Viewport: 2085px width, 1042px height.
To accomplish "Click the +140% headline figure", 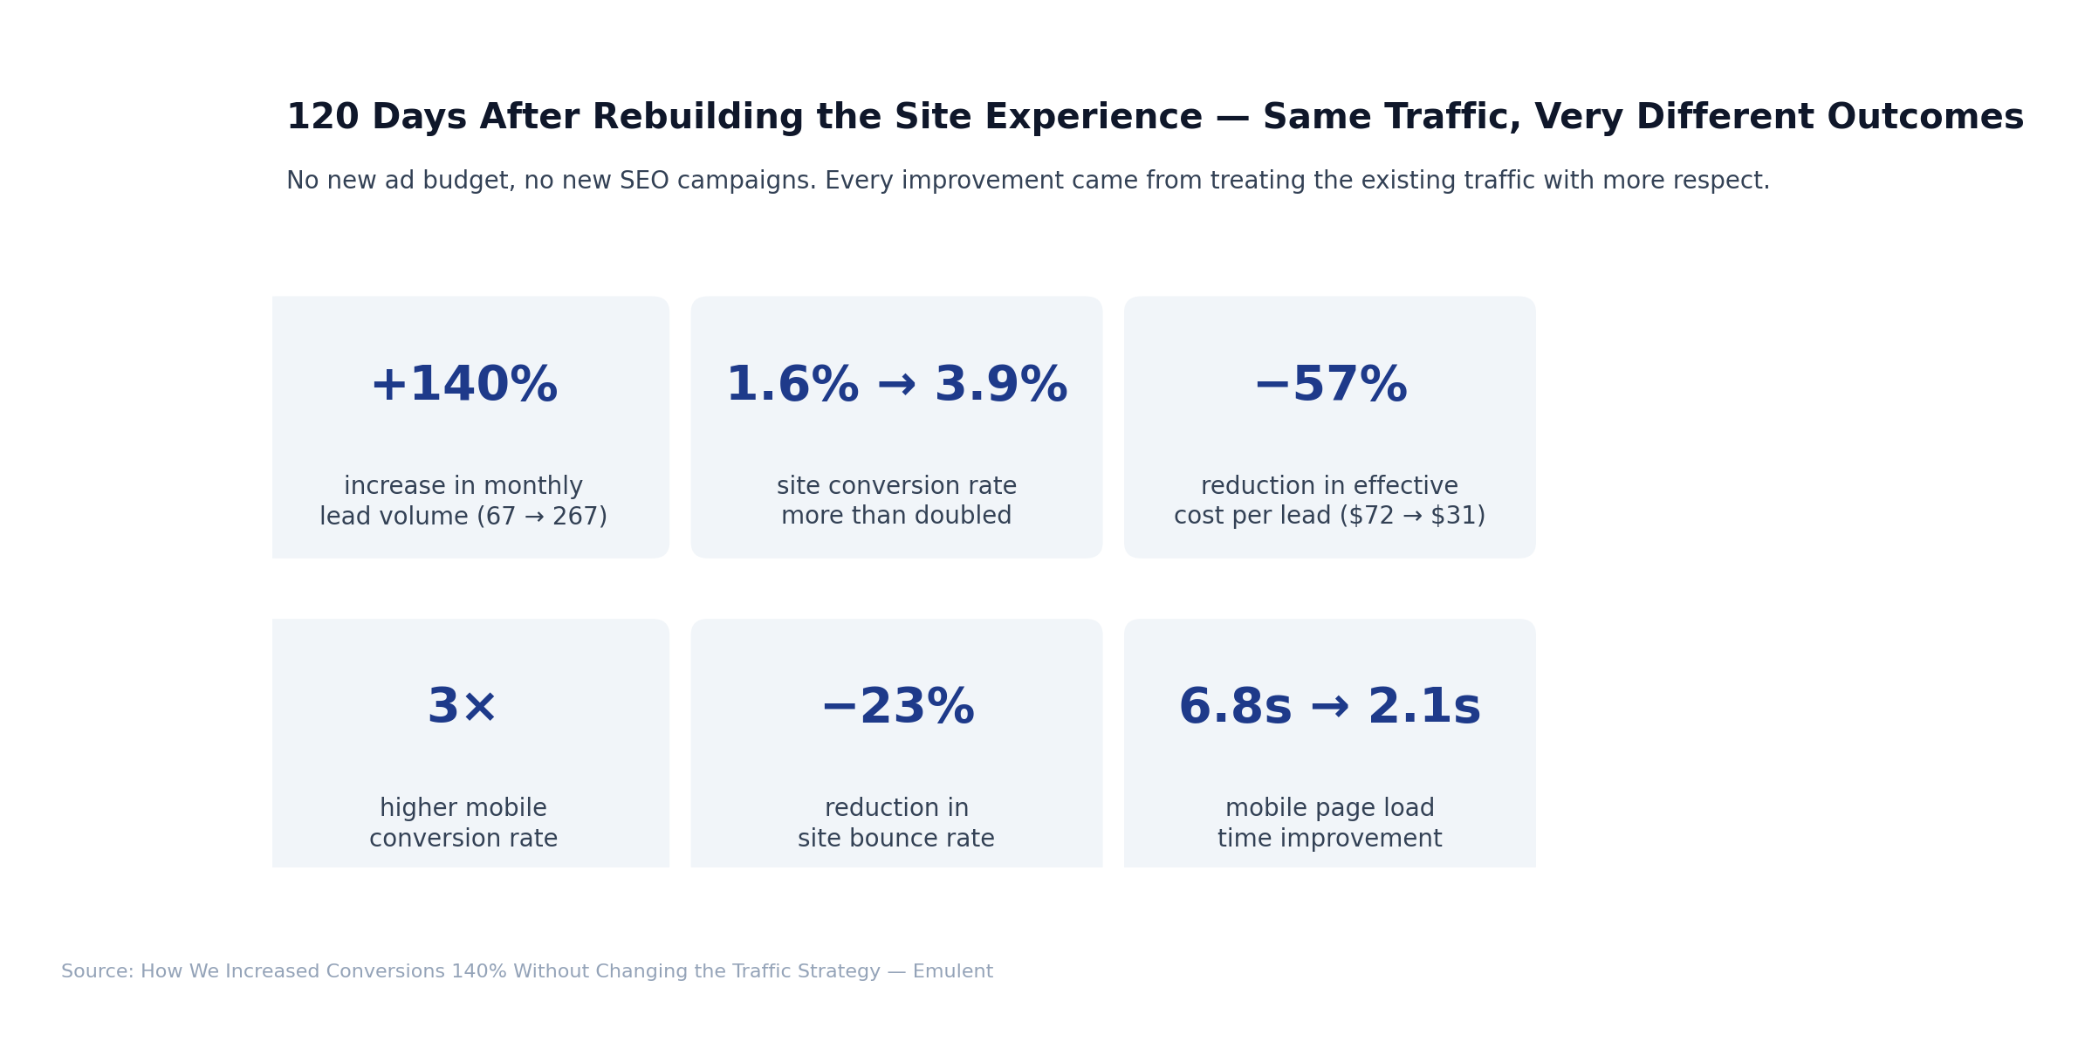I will click(x=463, y=386).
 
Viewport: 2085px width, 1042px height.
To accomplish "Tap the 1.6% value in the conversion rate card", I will click(x=792, y=386).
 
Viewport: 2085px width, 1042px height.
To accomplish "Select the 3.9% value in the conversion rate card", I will click(x=1000, y=386).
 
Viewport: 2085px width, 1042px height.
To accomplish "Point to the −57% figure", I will click(x=1329, y=386).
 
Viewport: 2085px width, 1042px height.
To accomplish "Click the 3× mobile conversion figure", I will click(x=463, y=708).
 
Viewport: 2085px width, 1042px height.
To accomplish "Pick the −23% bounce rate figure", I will click(x=896, y=708).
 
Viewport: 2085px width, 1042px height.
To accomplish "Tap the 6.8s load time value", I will click(x=1234, y=708).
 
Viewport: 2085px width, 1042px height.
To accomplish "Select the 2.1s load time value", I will click(x=1424, y=708).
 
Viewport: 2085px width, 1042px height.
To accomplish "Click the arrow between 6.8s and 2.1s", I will click(x=1329, y=708).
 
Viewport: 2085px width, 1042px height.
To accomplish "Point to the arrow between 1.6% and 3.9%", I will click(x=896, y=386).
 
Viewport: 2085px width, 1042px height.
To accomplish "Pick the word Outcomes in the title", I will click(x=1924, y=118).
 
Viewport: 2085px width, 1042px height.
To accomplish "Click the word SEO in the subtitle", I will click(x=644, y=182).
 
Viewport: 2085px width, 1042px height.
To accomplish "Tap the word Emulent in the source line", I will click(x=952, y=972).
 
